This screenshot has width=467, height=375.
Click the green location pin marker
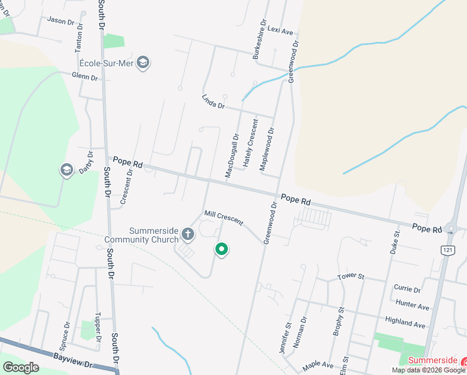[221, 249]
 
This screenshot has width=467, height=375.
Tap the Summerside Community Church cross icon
[188, 234]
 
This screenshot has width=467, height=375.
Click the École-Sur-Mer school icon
[144, 62]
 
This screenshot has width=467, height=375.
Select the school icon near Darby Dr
[67, 170]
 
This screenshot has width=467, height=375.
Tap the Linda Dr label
[213, 101]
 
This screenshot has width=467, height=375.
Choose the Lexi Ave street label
[280, 31]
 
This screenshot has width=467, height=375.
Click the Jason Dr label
[60, 21]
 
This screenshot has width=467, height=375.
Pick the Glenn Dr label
[85, 77]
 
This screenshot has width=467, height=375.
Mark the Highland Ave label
[405, 322]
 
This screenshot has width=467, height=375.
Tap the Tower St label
[350, 276]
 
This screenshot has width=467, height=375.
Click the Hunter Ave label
[413, 305]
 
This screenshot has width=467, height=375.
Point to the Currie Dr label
[407, 288]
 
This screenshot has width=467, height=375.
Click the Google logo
[21, 367]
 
